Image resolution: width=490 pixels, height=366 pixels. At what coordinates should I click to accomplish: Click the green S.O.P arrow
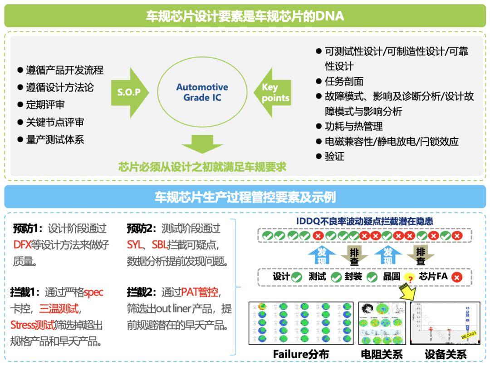coord(129,92)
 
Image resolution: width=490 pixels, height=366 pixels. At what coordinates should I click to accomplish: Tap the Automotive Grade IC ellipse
coord(202,92)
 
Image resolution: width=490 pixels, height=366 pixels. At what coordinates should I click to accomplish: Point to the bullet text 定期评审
coord(45,105)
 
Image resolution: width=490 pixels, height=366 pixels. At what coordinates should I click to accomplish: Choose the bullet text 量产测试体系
coord(55,139)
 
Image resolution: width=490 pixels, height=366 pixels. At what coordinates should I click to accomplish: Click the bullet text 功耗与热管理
coord(353,126)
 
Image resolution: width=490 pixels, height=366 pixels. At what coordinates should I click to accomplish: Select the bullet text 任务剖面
coord(344,81)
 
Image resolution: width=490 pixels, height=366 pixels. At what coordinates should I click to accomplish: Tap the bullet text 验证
coord(334,156)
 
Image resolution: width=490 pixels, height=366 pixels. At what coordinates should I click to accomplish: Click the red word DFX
coord(22,245)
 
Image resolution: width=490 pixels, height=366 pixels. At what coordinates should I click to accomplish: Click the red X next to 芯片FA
coord(456,277)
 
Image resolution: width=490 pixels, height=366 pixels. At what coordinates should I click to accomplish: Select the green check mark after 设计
coord(297,277)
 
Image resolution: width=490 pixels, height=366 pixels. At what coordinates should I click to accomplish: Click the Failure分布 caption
coord(301,354)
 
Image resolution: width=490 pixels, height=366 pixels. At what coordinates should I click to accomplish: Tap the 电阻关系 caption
coord(382,354)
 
